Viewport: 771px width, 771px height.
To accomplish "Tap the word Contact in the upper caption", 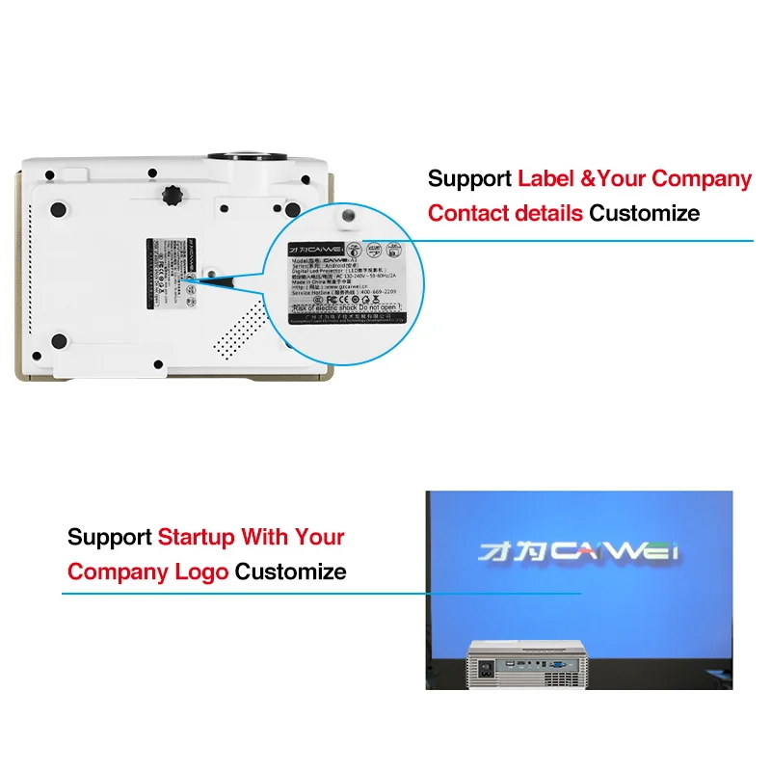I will pos(470,213).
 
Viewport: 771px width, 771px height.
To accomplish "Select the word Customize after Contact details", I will pos(645,213).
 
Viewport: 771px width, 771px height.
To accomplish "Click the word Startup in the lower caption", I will pos(197,537).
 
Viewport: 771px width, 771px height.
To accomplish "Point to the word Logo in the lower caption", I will pos(201,572).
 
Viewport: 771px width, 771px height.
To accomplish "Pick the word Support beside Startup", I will pos(109,537).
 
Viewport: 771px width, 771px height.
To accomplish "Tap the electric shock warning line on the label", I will pos(345,308).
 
